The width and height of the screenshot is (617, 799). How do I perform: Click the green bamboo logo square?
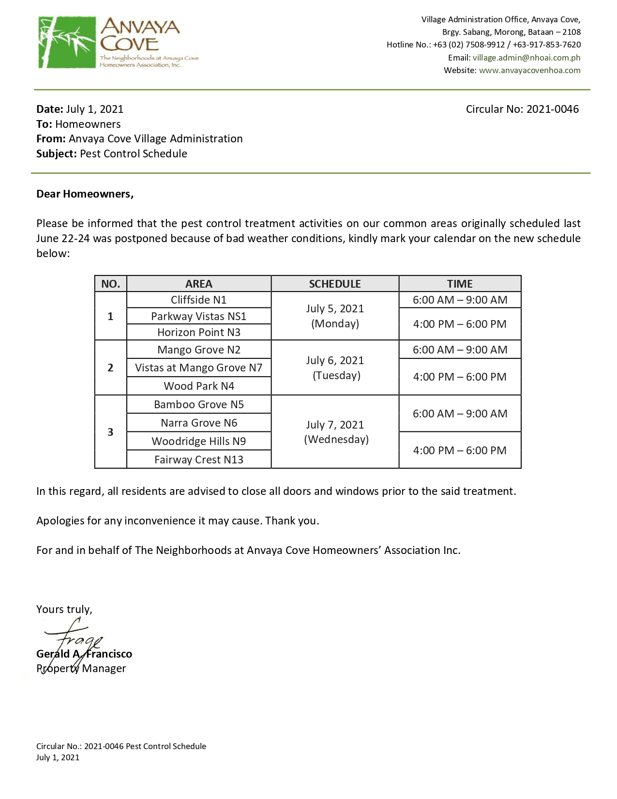pyautogui.click(x=67, y=42)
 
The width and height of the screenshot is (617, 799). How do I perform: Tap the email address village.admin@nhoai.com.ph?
pyautogui.click(x=526, y=58)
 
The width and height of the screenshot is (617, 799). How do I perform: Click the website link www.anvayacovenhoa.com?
pyautogui.click(x=529, y=70)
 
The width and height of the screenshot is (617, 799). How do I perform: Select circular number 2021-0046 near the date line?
pyautogui.click(x=552, y=109)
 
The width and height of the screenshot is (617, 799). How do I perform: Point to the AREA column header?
pyautogui.click(x=198, y=284)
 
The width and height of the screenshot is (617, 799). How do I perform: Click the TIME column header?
pyautogui.click(x=459, y=284)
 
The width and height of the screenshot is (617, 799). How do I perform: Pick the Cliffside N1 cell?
pyautogui.click(x=198, y=300)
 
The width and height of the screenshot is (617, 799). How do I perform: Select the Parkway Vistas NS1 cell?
pyautogui.click(x=198, y=316)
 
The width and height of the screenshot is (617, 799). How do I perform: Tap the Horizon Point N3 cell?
pyautogui.click(x=198, y=332)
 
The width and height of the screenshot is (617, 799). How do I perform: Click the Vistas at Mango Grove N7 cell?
pyautogui.click(x=198, y=368)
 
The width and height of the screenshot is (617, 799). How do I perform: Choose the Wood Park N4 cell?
pyautogui.click(x=198, y=386)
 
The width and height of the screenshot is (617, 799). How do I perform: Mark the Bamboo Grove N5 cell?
pyautogui.click(x=198, y=404)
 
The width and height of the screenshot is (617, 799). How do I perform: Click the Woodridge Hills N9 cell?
pyautogui.click(x=198, y=441)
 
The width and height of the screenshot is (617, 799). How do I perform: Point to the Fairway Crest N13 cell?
pyautogui.click(x=198, y=460)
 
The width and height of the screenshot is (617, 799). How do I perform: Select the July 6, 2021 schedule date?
pyautogui.click(x=335, y=360)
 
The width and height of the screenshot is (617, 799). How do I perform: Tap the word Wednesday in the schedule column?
pyautogui.click(x=336, y=439)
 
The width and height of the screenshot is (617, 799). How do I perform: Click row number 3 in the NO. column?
pyautogui.click(x=110, y=432)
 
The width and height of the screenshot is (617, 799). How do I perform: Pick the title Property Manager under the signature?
pyautogui.click(x=81, y=669)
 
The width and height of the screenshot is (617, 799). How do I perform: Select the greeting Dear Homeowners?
pyautogui.click(x=85, y=194)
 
